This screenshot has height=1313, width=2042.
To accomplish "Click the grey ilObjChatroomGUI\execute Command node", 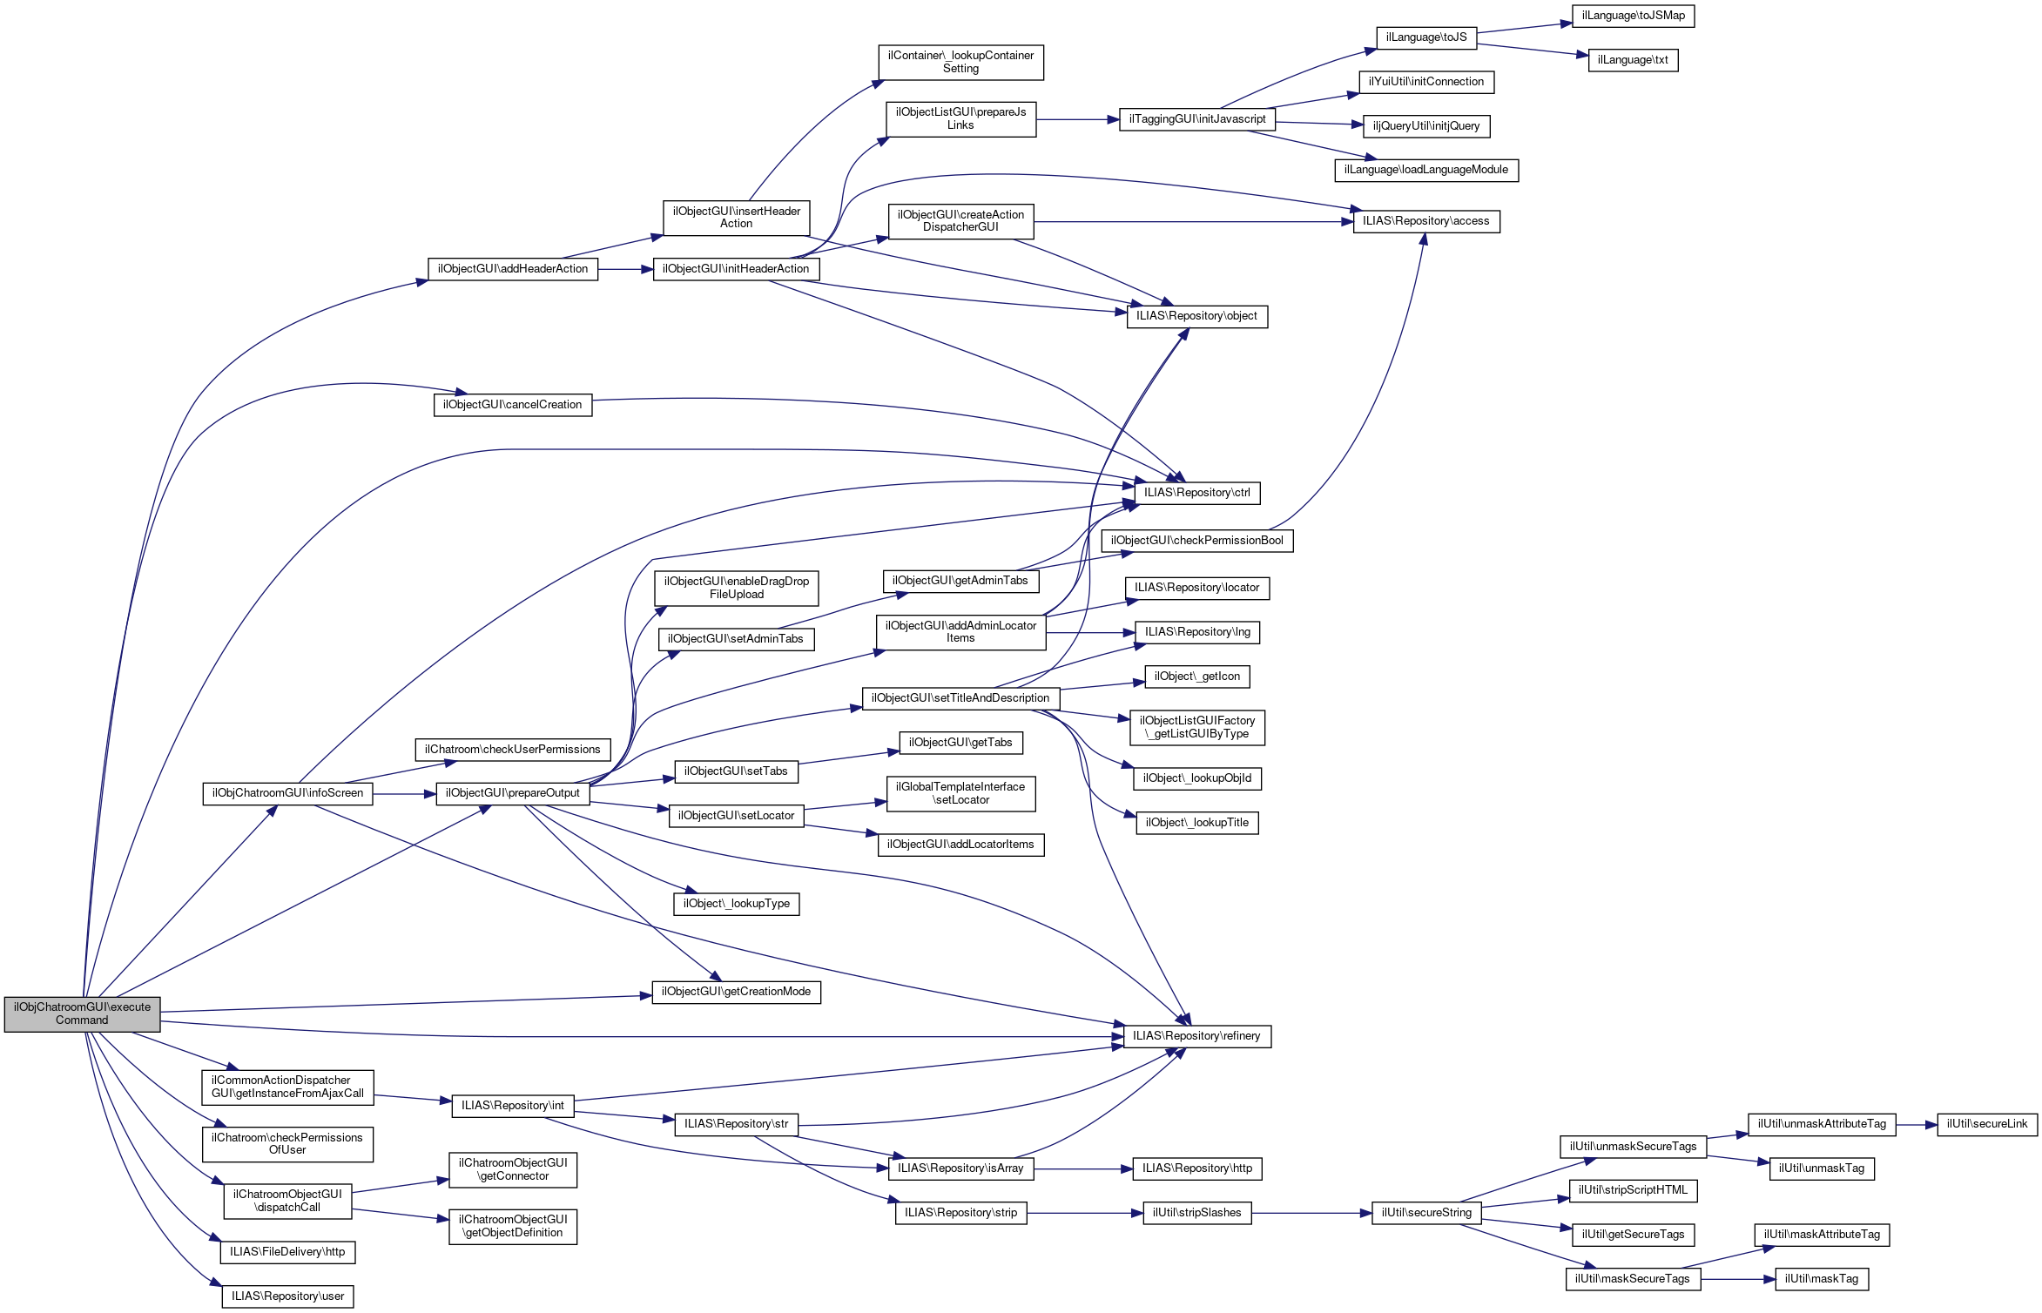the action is [82, 1013].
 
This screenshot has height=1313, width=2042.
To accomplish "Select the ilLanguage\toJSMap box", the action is [1633, 16].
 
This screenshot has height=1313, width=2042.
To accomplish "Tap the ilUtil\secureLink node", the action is [1987, 1124].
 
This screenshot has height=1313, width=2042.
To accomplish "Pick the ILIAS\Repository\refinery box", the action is [1196, 1036].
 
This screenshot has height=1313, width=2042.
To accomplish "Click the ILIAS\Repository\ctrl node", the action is [1196, 493].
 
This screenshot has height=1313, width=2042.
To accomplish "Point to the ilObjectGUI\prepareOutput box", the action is [513, 793].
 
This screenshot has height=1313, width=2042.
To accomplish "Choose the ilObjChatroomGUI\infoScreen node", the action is [287, 793].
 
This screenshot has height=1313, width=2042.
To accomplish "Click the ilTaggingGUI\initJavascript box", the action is [1197, 119].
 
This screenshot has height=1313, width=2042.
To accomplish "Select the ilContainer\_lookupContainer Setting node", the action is [960, 62].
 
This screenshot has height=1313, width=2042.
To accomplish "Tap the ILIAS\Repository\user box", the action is [287, 1296].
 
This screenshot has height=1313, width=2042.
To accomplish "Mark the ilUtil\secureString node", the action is [1426, 1213].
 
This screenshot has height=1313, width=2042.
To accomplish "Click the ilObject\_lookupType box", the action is [736, 904].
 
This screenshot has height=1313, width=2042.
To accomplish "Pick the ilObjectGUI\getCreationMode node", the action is [736, 992].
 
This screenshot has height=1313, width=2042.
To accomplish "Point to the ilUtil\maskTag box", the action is [1822, 1279].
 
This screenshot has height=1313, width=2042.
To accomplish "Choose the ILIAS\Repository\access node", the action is [1426, 221].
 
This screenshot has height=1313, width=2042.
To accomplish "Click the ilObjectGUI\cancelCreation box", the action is [513, 405].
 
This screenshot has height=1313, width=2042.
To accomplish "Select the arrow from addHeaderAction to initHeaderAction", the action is [625, 269].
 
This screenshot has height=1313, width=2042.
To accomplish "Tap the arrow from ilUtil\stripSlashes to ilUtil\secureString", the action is [1312, 1213].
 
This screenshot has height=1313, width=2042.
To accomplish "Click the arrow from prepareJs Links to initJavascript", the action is [1078, 119].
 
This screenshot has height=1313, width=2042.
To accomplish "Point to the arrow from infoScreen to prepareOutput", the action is [404, 793].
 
